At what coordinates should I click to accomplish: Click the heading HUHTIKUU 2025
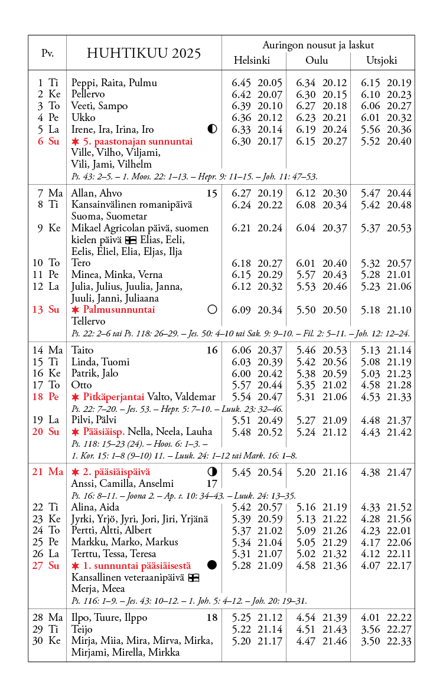(x=144, y=54)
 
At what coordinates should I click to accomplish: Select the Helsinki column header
(x=252, y=60)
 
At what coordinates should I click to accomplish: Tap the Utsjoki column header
(x=382, y=60)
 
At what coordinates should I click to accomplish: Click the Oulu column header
(x=317, y=60)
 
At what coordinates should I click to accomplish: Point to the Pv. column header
(x=48, y=53)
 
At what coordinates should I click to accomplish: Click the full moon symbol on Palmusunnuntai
(x=213, y=309)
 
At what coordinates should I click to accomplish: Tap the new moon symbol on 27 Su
(x=213, y=565)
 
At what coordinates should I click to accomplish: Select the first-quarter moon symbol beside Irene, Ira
(x=213, y=129)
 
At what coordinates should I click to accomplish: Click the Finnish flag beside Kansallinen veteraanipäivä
(x=193, y=577)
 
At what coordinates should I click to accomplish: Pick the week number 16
(x=212, y=350)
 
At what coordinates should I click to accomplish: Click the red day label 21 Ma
(x=48, y=472)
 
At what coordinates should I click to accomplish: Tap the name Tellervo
(x=88, y=321)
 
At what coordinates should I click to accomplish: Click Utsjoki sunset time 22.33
(x=399, y=641)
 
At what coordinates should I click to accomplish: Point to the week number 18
(x=212, y=617)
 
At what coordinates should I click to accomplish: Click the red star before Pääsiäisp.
(x=75, y=431)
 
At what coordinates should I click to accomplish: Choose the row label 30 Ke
(x=47, y=641)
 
